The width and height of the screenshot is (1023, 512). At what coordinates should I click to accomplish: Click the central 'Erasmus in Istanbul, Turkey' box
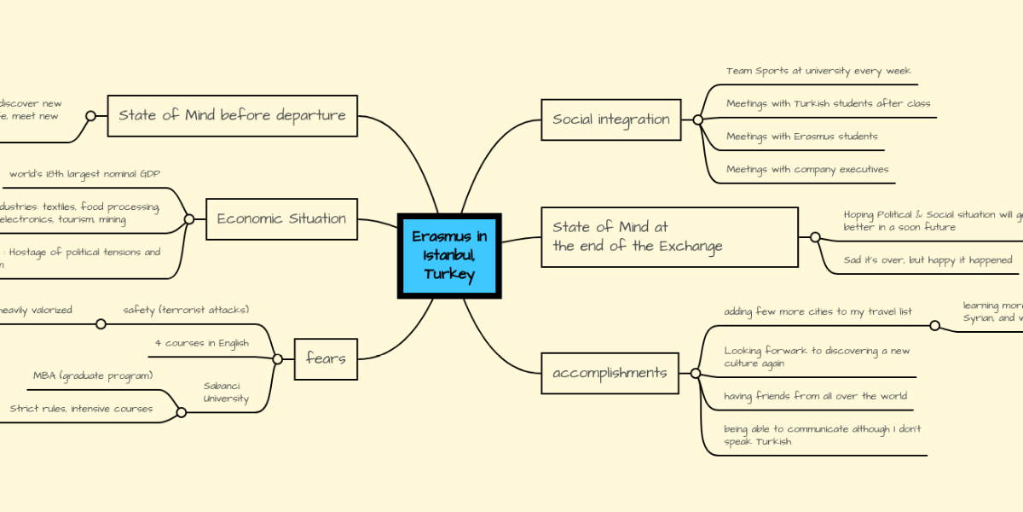449,255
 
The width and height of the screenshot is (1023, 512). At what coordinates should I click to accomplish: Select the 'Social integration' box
610,119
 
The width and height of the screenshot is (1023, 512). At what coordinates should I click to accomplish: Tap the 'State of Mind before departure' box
232,115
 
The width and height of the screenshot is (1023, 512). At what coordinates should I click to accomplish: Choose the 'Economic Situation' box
281,218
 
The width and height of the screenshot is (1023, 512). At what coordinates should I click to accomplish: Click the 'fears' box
326,358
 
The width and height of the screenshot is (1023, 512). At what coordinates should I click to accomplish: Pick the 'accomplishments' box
610,373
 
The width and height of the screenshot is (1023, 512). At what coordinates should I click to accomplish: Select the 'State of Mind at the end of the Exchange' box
669,237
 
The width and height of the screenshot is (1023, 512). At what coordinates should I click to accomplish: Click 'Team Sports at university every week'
818,71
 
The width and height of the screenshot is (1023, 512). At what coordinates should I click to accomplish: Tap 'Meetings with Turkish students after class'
828,103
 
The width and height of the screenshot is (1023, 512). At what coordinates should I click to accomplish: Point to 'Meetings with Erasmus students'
801,136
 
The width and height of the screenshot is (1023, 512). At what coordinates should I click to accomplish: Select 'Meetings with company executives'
807,169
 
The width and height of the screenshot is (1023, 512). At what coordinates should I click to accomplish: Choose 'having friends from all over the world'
815,395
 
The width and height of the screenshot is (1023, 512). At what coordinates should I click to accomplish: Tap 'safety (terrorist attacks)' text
186,309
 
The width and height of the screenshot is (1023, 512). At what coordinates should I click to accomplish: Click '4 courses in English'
202,343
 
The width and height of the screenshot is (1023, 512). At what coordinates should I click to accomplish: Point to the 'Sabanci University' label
226,392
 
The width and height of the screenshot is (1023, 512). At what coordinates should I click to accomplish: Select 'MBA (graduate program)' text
93,375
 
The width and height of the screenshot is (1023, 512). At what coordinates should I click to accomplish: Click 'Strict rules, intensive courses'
81,408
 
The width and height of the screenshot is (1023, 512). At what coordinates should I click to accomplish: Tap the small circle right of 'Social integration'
697,120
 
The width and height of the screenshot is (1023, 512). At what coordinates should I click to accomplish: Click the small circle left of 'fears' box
277,359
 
